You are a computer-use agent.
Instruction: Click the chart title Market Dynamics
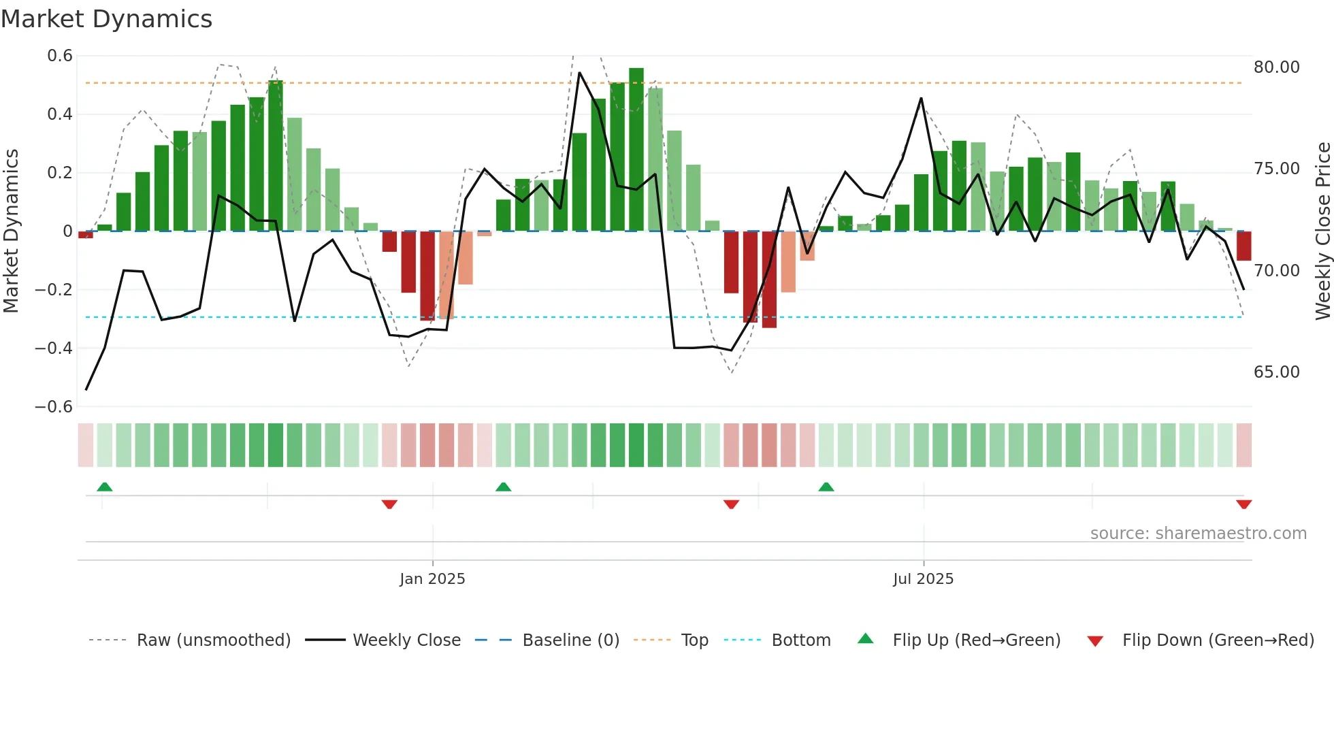coord(106,19)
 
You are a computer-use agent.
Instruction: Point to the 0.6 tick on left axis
coord(60,56)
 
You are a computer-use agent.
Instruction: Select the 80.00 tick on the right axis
coord(1276,67)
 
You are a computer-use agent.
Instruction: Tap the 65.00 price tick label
coord(1276,372)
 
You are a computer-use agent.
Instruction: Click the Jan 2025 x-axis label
coord(432,579)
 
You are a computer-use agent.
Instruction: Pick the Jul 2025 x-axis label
coord(923,579)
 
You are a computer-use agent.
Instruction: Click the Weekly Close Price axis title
coord(1322,231)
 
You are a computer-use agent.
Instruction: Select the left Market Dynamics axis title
coord(11,231)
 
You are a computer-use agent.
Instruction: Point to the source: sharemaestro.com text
coord(1198,534)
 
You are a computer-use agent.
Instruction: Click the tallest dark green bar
coord(636,150)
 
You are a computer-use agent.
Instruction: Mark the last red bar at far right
coord(1243,246)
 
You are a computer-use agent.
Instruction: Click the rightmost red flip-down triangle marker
coord(1243,504)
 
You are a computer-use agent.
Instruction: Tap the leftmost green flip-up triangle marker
coord(104,487)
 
